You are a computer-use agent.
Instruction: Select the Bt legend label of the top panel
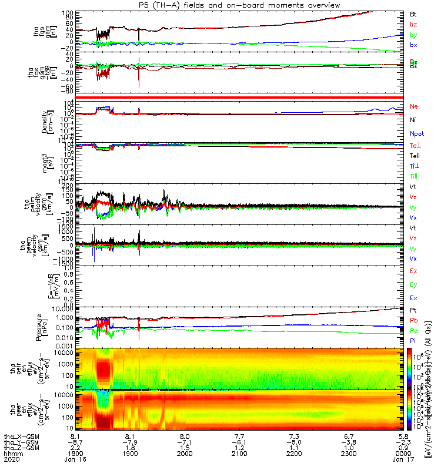pyautogui.click(x=413, y=13)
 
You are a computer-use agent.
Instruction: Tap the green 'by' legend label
pyautogui.click(x=413, y=35)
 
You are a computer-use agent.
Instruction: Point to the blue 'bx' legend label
pyautogui.click(x=413, y=45)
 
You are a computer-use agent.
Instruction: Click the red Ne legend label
pyautogui.click(x=413, y=106)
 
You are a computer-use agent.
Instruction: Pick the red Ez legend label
pyautogui.click(x=413, y=271)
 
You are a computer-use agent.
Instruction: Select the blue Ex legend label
pyautogui.click(x=413, y=299)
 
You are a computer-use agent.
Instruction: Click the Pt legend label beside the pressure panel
pyautogui.click(x=413, y=310)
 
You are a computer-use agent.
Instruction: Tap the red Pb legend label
pyautogui.click(x=413, y=320)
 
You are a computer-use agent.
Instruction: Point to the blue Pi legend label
pyautogui.click(x=413, y=340)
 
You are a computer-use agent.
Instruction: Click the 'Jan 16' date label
pyautogui.click(x=78, y=461)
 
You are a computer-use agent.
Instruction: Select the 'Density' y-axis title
pyautogui.click(x=45, y=120)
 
